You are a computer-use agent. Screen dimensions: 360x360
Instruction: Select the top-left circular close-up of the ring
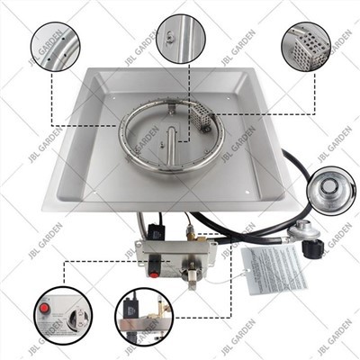coord(56,49)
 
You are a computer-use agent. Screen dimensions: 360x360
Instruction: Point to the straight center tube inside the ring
coord(167,145)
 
